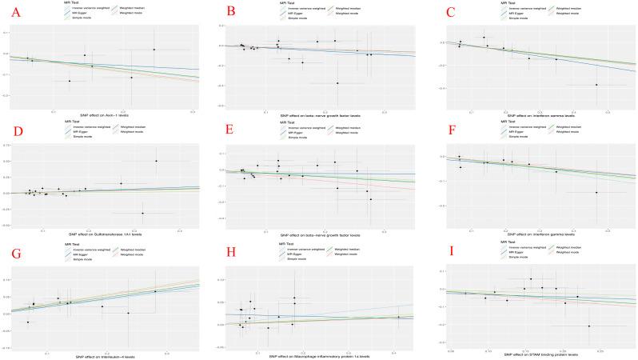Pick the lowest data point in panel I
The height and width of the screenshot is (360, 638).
pyautogui.click(x=588, y=326)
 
